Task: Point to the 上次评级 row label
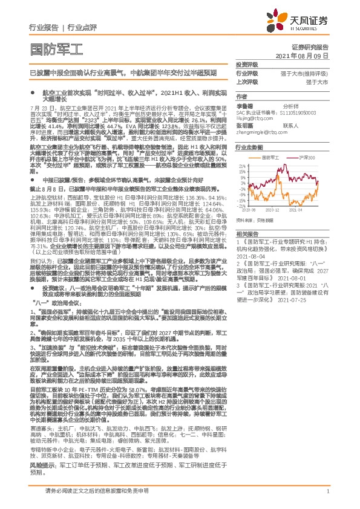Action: coord(247,80)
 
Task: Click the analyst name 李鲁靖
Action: coord(245,104)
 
